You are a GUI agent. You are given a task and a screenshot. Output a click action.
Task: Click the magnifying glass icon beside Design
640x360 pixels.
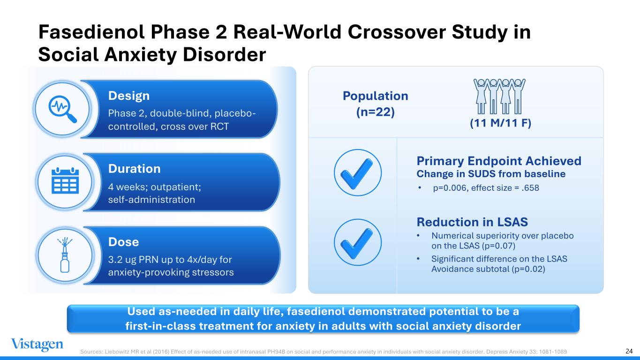tap(62, 109)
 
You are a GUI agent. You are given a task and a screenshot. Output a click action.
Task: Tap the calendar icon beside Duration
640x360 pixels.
tap(65, 180)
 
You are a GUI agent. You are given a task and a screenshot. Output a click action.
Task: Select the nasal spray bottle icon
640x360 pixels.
tap(65, 255)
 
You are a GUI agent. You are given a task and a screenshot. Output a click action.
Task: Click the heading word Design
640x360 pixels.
tap(129, 96)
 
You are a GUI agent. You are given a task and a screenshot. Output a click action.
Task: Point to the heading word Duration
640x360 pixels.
tap(134, 169)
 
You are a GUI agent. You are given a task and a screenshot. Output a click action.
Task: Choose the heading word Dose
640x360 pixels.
tap(123, 242)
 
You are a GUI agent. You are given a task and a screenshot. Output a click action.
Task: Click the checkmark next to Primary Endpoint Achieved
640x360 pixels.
tap(357, 172)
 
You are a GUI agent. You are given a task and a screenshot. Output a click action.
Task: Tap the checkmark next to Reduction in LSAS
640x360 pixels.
tap(357, 242)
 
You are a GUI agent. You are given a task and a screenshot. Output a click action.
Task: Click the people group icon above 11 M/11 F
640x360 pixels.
tap(499, 96)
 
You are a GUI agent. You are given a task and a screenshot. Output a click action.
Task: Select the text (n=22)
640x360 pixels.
tap(376, 112)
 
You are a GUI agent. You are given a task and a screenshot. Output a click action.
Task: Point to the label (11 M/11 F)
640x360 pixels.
tap(501, 123)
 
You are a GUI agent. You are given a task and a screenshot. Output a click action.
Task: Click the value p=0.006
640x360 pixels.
tap(450, 188)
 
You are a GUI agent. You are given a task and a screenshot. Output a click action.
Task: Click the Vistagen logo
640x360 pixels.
tap(37, 345)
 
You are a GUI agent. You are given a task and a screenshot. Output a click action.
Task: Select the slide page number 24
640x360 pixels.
tap(629, 351)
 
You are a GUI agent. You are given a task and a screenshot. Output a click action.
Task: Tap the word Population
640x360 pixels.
tap(376, 96)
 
